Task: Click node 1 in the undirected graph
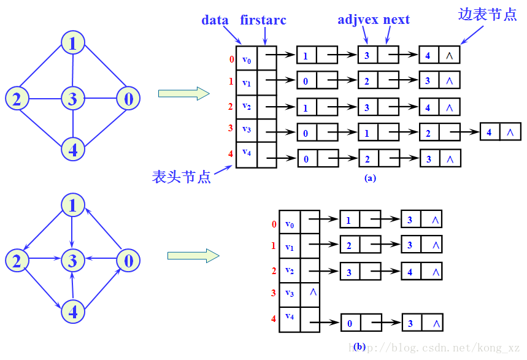click(73, 44)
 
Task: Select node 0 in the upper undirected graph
click(128, 98)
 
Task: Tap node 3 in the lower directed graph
click(73, 261)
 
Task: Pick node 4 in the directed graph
click(73, 312)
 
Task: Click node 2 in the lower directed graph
click(17, 261)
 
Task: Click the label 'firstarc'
click(263, 20)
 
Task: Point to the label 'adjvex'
click(358, 20)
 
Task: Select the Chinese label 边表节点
click(488, 15)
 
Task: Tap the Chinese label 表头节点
click(182, 177)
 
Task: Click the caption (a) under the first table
click(370, 178)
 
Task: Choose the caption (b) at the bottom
click(360, 347)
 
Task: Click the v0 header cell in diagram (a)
click(247, 59)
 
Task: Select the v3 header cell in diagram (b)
click(290, 293)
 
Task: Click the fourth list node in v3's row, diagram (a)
click(500, 132)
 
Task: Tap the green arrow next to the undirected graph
click(183, 93)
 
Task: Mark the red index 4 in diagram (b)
click(274, 319)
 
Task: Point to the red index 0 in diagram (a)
click(231, 59)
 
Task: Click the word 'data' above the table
click(215, 20)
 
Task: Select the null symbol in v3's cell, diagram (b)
click(312, 292)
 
